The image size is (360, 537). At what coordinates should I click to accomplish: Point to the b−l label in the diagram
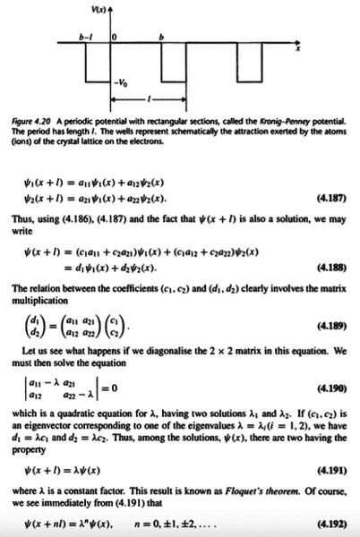coord(86,37)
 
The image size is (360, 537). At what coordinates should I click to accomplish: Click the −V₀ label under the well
coord(120,82)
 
